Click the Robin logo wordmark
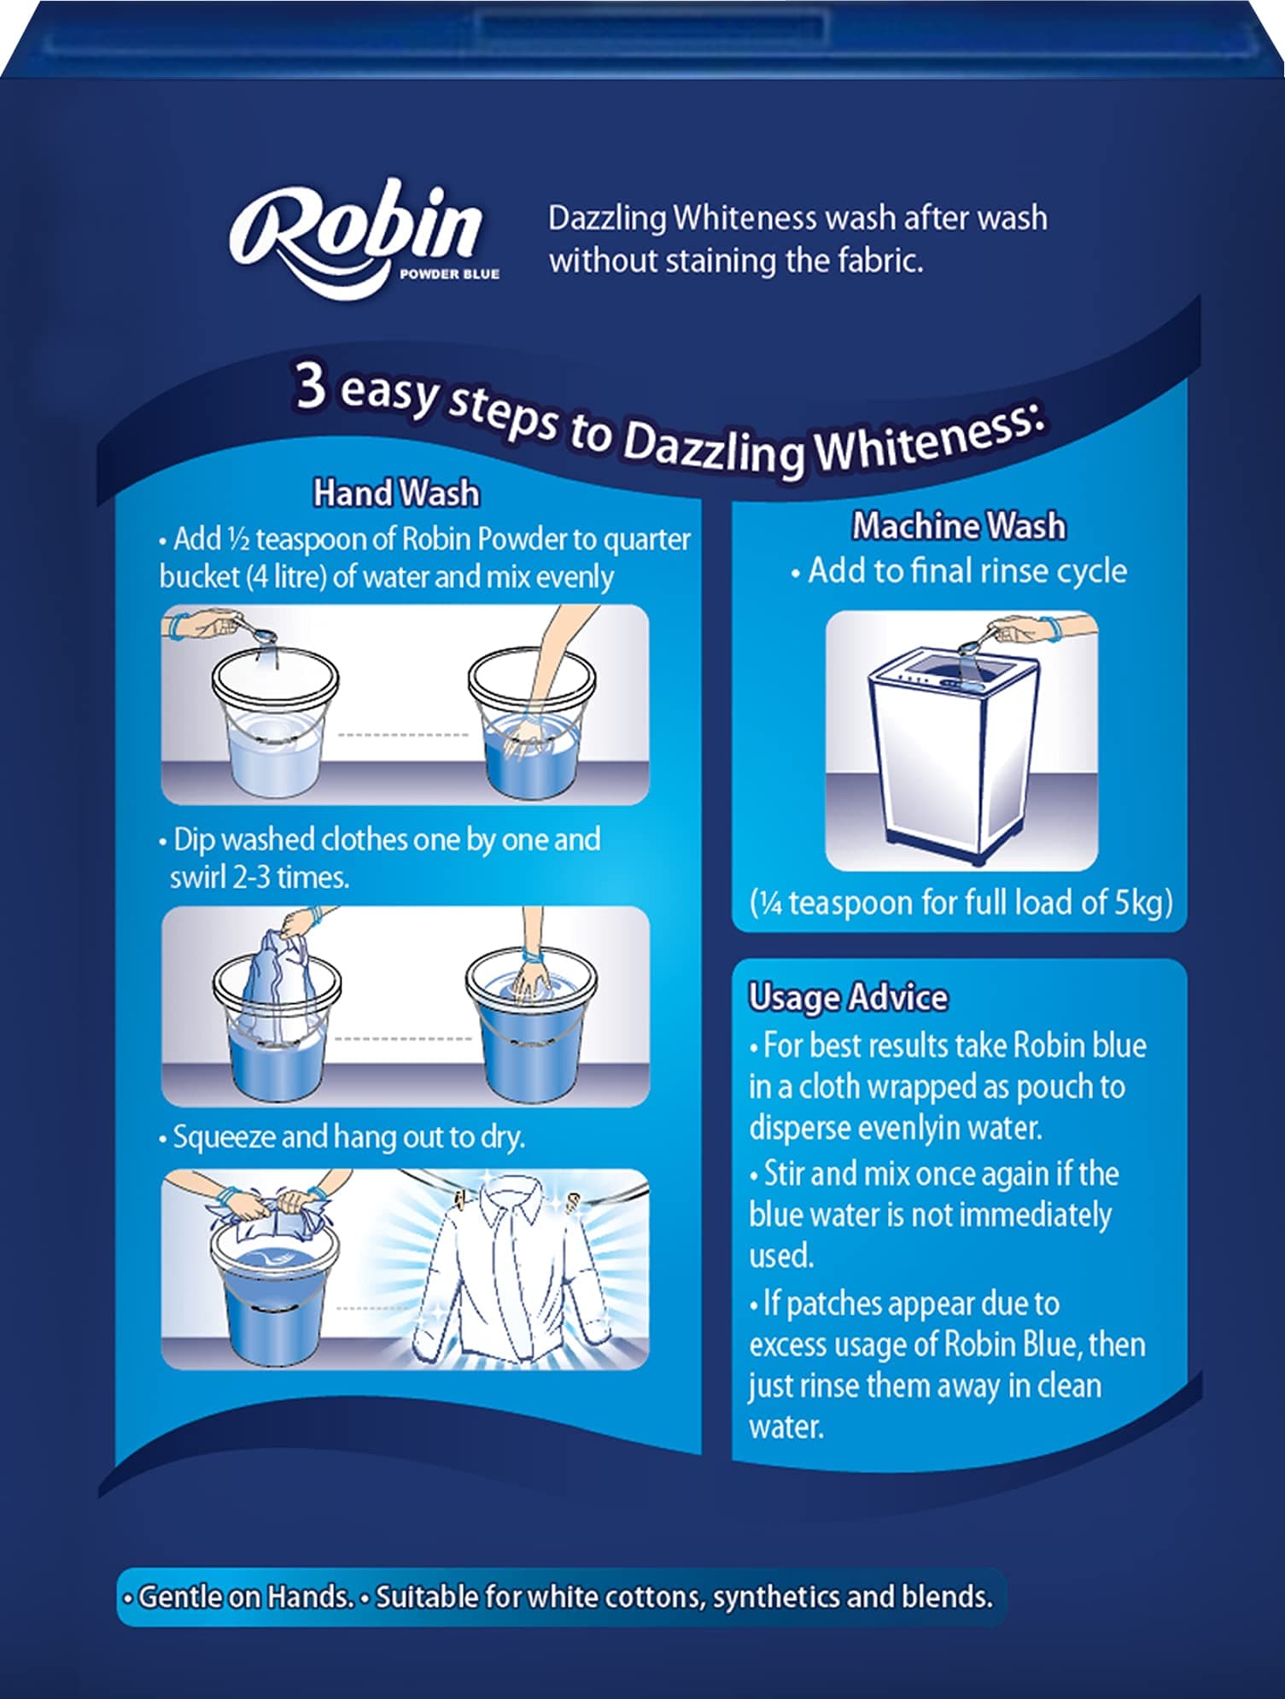click(354, 231)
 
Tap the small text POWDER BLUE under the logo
click(449, 274)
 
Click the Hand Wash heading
click(396, 493)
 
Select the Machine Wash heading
click(959, 526)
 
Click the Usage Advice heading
click(848, 997)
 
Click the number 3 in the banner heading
click(311, 385)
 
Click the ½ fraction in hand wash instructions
click(237, 540)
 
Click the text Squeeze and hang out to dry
click(348, 1137)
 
